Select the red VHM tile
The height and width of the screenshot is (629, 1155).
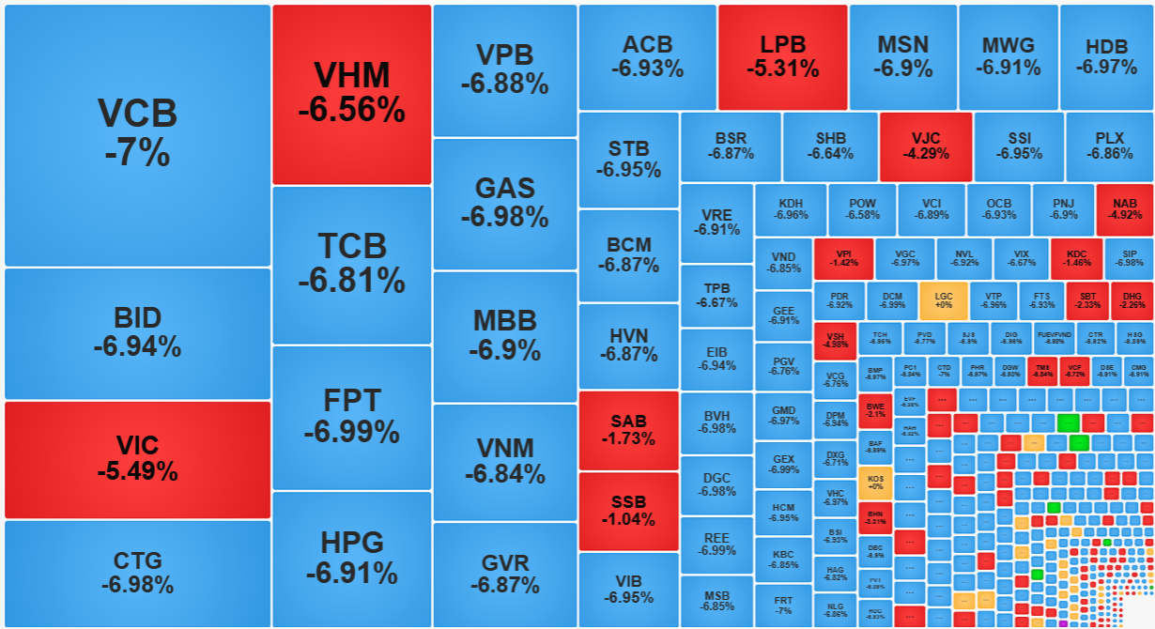click(x=351, y=94)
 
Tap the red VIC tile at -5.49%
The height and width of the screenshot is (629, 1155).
click(x=137, y=459)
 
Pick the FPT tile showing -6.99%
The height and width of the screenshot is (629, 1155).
click(x=351, y=417)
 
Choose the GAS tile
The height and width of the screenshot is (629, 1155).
click(x=504, y=203)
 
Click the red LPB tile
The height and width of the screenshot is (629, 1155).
click(x=783, y=56)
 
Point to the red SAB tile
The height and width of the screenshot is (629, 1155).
click(x=628, y=430)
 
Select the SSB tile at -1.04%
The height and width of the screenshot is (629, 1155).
click(x=628, y=511)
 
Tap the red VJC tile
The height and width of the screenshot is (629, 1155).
click(x=925, y=146)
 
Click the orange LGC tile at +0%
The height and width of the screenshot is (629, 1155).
click(x=943, y=300)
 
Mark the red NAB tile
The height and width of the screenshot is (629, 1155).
click(x=1124, y=208)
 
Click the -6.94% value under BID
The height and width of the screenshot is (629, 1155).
click(x=137, y=346)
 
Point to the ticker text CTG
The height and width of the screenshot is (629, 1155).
click(x=137, y=560)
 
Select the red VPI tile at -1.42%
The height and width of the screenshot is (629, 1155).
click(x=843, y=258)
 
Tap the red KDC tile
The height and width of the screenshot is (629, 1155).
click(x=1076, y=258)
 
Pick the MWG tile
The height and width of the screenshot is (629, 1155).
click(x=1008, y=56)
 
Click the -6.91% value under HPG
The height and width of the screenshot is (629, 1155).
click(x=351, y=572)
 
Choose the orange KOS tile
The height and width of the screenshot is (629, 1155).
click(x=875, y=482)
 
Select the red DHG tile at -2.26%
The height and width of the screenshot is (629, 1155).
click(x=1132, y=300)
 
